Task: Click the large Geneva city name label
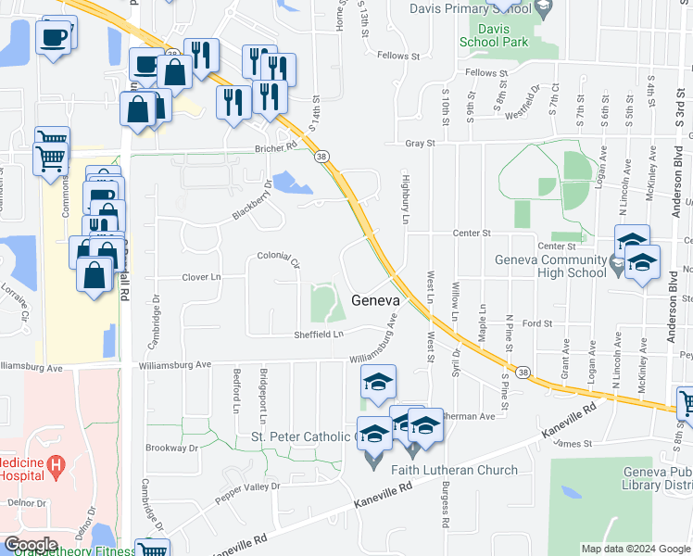pyautogui.click(x=375, y=301)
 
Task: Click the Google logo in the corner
pyautogui.click(x=31, y=545)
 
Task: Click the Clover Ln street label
pyautogui.click(x=202, y=277)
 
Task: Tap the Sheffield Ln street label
pyautogui.click(x=319, y=334)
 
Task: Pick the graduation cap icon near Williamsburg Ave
pyautogui.click(x=378, y=383)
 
